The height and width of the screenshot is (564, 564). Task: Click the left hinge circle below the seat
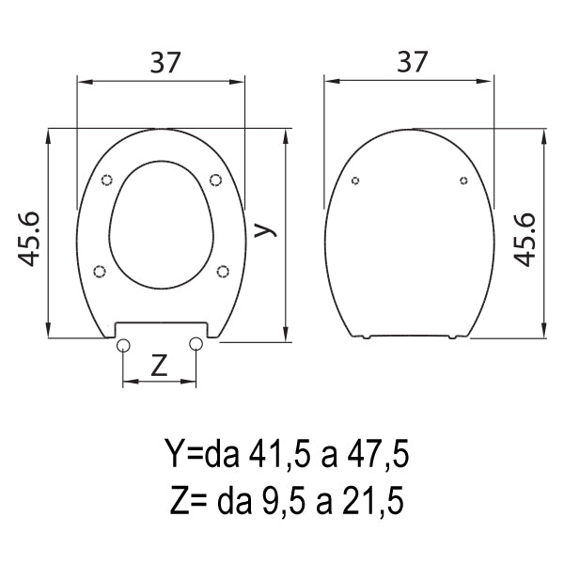pos(123,345)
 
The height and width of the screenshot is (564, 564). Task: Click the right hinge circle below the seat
pos(196,345)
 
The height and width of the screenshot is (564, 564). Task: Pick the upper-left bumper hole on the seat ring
pos(106,180)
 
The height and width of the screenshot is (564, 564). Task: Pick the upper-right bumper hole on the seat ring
pos(215,180)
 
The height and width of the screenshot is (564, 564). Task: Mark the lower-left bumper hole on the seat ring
pos(101,272)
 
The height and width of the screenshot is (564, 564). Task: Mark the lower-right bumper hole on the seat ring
pos(223,272)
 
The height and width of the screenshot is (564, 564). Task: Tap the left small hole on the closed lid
pos(354,180)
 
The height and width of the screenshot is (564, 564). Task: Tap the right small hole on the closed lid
pos(463,180)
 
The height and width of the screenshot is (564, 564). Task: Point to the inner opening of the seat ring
pos(161,226)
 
